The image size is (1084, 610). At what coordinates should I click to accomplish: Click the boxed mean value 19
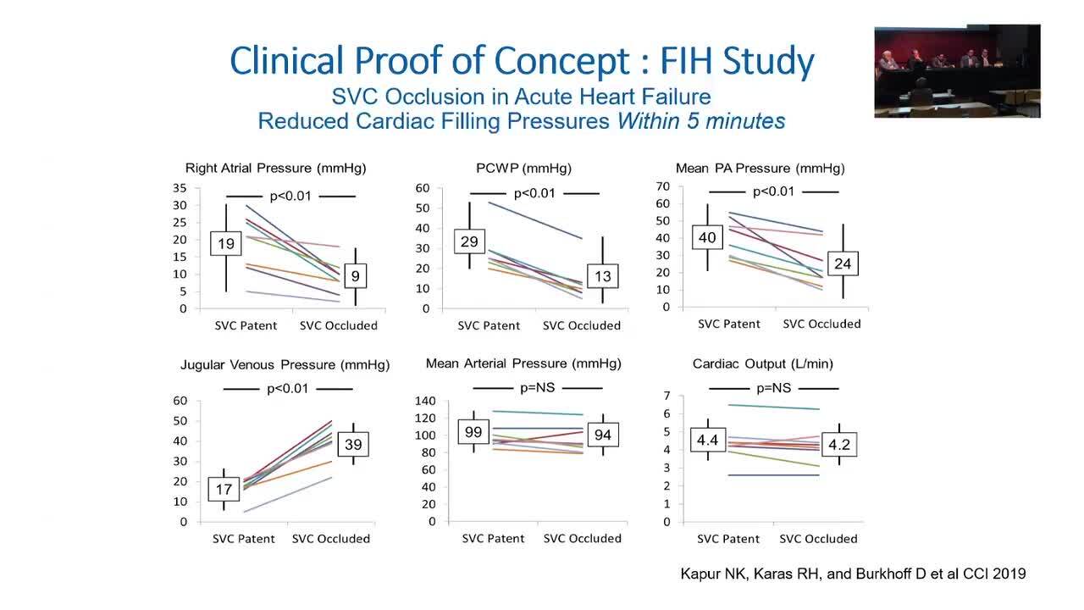(x=226, y=244)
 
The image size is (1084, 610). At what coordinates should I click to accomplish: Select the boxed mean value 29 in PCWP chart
(x=468, y=241)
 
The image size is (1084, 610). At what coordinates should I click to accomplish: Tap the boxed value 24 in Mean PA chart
(x=842, y=263)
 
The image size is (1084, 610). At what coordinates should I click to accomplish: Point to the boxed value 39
(x=353, y=445)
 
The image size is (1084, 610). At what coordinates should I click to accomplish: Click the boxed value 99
(x=473, y=433)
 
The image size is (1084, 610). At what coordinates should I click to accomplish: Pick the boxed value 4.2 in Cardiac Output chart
(x=840, y=443)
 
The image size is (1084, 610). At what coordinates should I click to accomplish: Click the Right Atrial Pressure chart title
(x=275, y=169)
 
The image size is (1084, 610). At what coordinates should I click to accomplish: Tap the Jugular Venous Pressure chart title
(x=285, y=365)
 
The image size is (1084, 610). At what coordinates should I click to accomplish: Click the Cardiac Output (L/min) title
(x=762, y=363)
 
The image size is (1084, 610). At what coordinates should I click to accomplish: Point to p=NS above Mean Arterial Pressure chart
(x=537, y=388)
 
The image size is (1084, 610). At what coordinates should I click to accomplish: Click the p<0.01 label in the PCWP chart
(x=534, y=193)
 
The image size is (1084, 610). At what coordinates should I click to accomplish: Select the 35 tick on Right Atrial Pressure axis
(x=180, y=188)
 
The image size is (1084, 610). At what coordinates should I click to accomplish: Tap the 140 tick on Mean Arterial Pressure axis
(x=424, y=401)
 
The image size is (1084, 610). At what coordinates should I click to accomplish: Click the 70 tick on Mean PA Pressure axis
(x=662, y=186)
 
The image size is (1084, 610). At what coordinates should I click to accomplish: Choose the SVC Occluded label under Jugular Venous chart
(x=330, y=539)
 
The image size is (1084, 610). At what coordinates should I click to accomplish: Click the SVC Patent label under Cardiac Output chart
(x=728, y=539)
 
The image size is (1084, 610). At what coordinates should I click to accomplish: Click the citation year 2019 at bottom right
(x=1009, y=574)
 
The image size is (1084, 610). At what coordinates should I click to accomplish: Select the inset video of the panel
(x=957, y=70)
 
